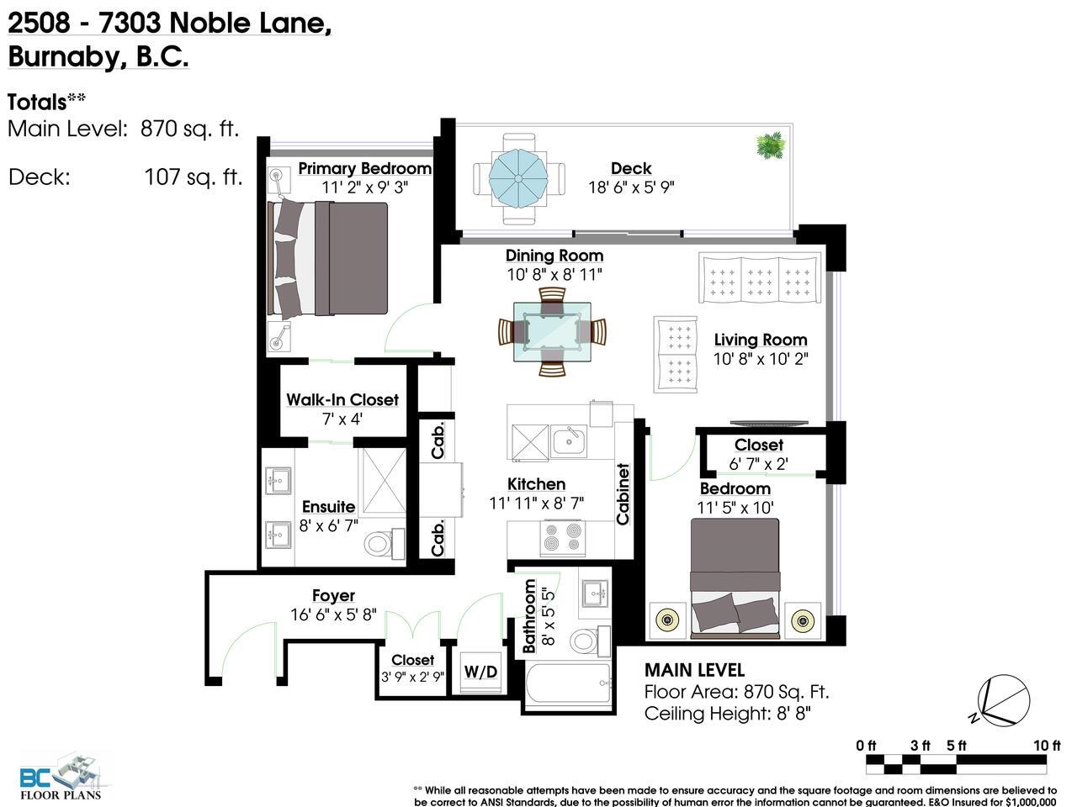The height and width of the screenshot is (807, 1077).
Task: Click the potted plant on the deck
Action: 771,145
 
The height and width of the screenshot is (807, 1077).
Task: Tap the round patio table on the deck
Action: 518,179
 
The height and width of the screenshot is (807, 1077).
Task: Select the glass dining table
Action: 552,332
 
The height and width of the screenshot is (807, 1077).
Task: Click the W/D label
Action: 480,672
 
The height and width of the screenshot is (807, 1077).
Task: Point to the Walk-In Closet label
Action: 342,400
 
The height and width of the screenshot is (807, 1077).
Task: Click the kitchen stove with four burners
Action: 562,537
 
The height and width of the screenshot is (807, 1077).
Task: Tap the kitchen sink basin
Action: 568,440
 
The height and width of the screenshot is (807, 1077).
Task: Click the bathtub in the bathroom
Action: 568,684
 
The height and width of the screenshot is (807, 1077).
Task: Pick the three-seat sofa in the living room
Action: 760,277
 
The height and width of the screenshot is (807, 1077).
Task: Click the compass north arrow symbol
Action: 1002,701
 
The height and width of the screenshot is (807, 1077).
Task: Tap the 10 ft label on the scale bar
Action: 1047,746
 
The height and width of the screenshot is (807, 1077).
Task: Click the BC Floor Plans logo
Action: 61,778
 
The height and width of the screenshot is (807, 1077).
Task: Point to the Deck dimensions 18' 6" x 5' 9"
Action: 631,187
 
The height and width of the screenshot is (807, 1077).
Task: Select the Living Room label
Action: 761,340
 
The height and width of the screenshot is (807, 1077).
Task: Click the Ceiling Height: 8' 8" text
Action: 727,714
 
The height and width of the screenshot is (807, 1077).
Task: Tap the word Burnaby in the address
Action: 64,57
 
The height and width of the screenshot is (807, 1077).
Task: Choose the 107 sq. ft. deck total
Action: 194,177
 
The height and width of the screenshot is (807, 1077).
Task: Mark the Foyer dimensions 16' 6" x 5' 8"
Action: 333,614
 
